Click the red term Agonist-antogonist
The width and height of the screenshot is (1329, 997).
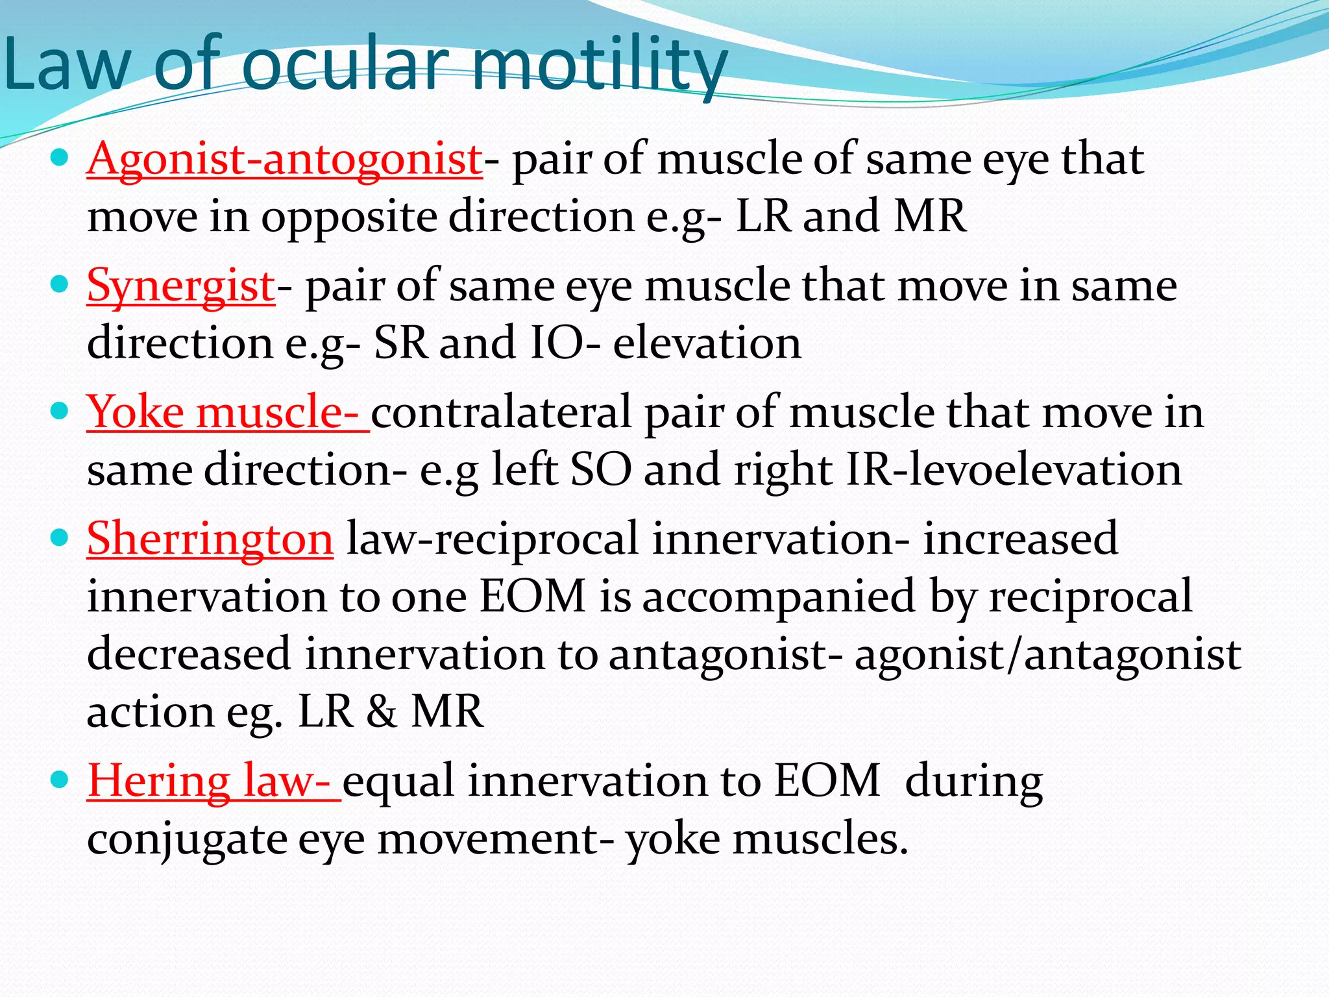[x=284, y=159]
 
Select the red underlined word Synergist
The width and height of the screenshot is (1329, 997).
[x=181, y=286]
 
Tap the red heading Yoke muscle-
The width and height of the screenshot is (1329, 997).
[x=227, y=413]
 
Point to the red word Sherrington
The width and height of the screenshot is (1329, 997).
[x=210, y=539]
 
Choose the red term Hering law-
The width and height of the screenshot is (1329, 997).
[x=213, y=781]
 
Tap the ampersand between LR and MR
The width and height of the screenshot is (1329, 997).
[x=382, y=711]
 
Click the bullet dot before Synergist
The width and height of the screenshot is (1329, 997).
[x=59, y=284]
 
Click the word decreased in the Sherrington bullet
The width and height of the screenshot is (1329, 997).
[x=189, y=654]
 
